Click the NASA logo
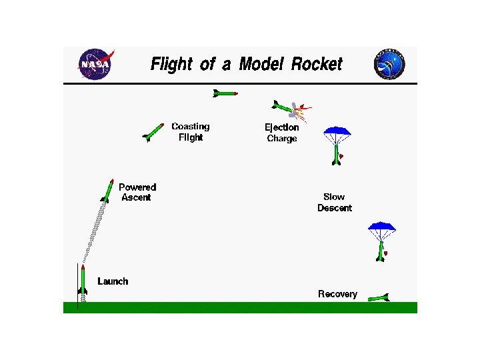click(95, 64)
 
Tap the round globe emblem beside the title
click(390, 64)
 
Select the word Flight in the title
click(172, 64)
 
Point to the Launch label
click(113, 281)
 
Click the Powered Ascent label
click(137, 192)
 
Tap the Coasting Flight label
click(190, 131)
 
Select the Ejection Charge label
click(281, 133)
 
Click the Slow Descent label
click(334, 202)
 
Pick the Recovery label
click(337, 294)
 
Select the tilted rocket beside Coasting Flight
click(153, 132)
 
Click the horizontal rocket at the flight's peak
click(225, 93)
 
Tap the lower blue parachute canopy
click(382, 227)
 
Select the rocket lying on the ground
click(378, 298)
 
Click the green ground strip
click(240, 307)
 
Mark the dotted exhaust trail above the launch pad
click(94, 230)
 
